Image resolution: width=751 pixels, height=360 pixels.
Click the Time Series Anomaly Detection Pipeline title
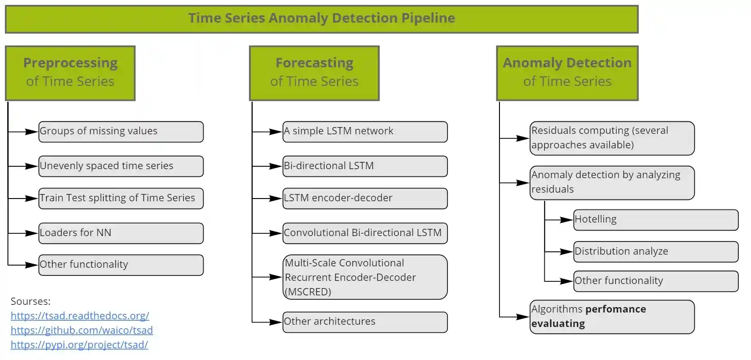[322, 19]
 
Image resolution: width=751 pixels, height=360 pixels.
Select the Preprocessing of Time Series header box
[70, 73]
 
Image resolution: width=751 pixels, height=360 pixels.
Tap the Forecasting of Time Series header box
[314, 73]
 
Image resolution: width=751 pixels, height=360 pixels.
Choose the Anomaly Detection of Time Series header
[567, 73]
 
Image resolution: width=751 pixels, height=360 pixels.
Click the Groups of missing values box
[121, 132]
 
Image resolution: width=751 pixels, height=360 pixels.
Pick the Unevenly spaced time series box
[121, 166]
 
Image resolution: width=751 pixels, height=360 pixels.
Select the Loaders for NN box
[121, 233]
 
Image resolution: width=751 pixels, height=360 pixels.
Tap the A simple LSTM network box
[365, 132]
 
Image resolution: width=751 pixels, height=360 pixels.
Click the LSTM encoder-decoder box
[365, 199]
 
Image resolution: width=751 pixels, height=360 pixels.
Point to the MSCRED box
[365, 277]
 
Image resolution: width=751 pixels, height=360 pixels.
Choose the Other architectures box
[365, 322]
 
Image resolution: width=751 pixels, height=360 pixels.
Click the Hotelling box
[656, 220]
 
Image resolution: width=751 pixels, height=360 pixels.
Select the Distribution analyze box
[656, 252]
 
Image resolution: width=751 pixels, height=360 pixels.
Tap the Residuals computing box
[612, 138]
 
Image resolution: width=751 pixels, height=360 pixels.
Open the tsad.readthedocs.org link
[80, 316]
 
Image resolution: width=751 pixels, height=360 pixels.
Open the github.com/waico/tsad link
[82, 330]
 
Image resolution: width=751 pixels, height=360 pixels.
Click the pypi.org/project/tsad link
[79, 345]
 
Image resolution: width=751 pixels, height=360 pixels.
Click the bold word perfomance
[616, 309]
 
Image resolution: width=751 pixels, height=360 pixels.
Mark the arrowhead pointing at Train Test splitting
[32, 199]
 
